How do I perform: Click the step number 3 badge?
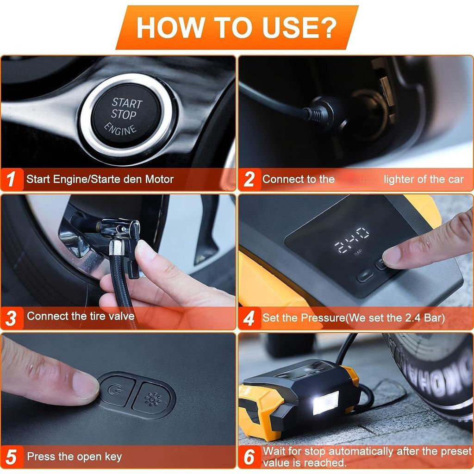tap(12, 318)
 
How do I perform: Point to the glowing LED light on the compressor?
tap(326, 402)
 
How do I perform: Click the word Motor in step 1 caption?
tap(159, 179)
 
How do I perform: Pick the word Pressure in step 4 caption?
tap(322, 318)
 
